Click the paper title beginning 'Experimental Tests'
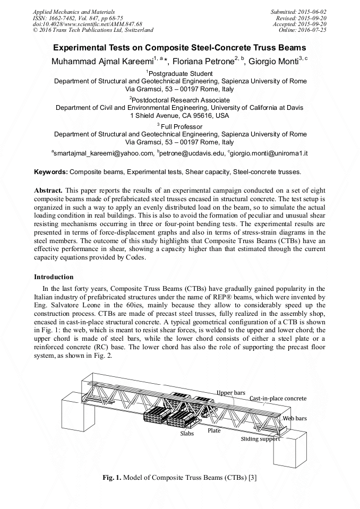pyautogui.click(x=180, y=47)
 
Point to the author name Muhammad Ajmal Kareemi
pyautogui.click(x=101, y=60)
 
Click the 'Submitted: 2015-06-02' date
pyautogui.click(x=299, y=11)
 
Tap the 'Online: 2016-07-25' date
pyautogui.click(x=303, y=30)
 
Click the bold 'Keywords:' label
pyautogui.click(x=51, y=172)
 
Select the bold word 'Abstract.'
pyautogui.click(x=49, y=190)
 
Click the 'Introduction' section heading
pyautogui.click(x=54, y=277)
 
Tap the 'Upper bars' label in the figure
pyautogui.click(x=230, y=393)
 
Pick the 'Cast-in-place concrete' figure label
pyautogui.click(x=278, y=398)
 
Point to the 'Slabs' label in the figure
pyautogui.click(x=186, y=433)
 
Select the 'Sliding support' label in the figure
pyautogui.click(x=260, y=439)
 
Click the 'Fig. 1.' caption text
pyautogui.click(x=112, y=477)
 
